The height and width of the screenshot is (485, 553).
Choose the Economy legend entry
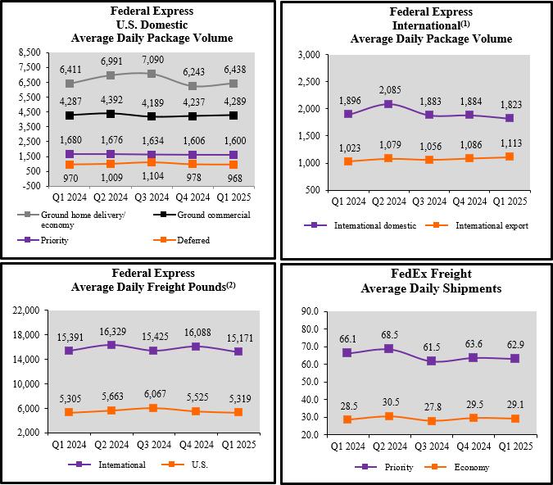(471, 467)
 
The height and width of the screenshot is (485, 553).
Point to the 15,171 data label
(238, 336)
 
